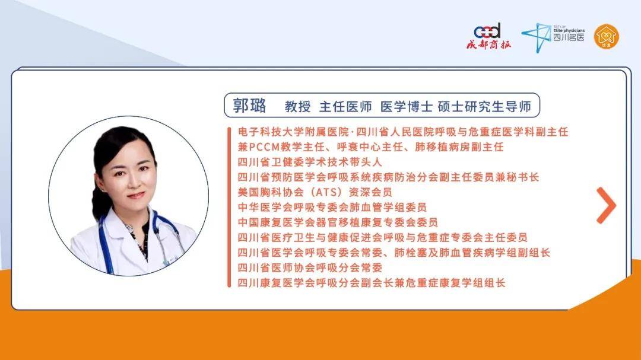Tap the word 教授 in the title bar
point(297,107)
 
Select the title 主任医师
point(345,107)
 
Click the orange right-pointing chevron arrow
point(606,205)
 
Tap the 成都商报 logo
point(488,36)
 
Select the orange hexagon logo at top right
point(607,36)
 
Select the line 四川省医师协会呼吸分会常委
point(309,267)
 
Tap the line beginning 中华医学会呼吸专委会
point(332,207)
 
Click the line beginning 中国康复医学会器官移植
point(338,222)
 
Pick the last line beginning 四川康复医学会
point(372,283)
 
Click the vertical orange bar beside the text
point(229,207)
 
